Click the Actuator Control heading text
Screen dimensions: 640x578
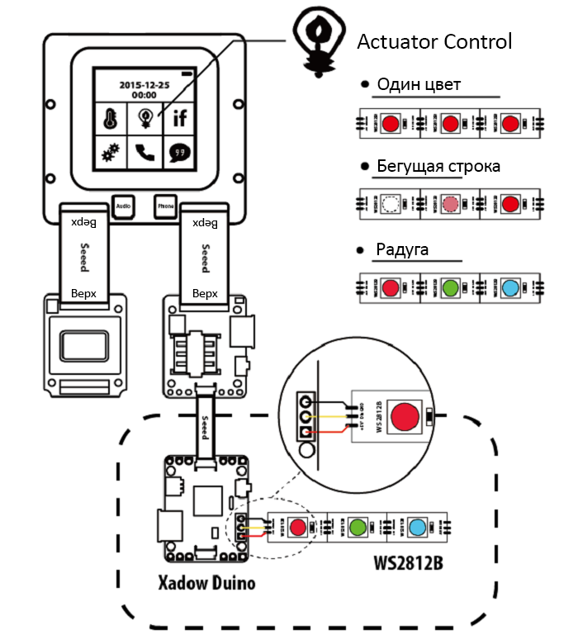coord(434,41)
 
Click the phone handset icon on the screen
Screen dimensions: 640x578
coord(145,153)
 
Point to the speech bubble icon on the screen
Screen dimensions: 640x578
coord(180,153)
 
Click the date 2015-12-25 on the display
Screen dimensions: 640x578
coord(145,85)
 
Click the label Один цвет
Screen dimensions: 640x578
coord(419,85)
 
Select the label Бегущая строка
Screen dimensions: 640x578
coord(438,166)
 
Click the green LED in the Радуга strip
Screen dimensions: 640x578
coord(450,288)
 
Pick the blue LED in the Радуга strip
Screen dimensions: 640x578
coord(510,288)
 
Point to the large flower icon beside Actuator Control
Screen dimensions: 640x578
coord(317,41)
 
